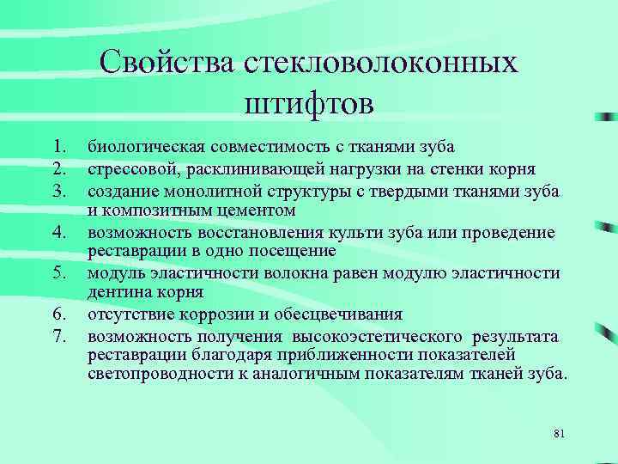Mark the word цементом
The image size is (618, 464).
coord(254,210)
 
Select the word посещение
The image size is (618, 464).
coord(293,252)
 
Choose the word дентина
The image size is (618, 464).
coord(115,293)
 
